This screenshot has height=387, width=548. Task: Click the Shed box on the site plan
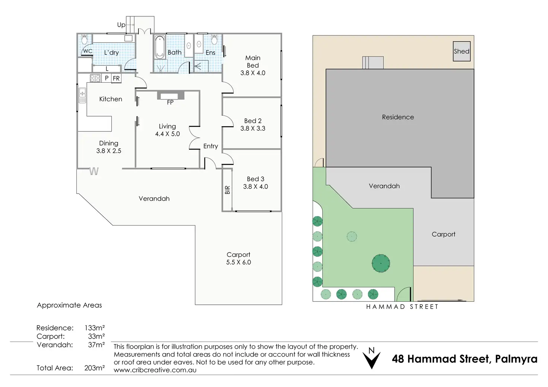(462, 51)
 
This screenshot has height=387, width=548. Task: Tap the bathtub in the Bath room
(160, 47)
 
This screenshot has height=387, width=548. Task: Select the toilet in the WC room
(85, 40)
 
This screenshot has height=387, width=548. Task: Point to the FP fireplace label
(170, 102)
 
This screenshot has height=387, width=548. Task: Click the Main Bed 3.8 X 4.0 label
(253, 65)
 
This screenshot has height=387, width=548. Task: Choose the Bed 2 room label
(253, 125)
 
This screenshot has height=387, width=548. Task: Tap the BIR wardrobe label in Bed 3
(227, 190)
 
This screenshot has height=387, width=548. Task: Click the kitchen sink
(82, 96)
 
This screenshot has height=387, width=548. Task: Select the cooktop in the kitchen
(95, 78)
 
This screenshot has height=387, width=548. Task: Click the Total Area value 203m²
(95, 368)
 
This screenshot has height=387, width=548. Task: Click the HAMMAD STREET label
(402, 307)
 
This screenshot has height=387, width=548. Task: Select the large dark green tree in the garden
(380, 263)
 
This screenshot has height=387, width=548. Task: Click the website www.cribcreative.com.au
(155, 370)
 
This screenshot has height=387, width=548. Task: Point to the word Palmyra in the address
(516, 359)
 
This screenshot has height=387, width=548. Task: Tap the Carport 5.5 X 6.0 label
(239, 259)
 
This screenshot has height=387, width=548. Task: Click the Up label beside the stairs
(121, 25)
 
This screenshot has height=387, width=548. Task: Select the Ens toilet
(214, 39)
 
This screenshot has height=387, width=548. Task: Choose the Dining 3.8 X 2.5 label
(109, 147)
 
